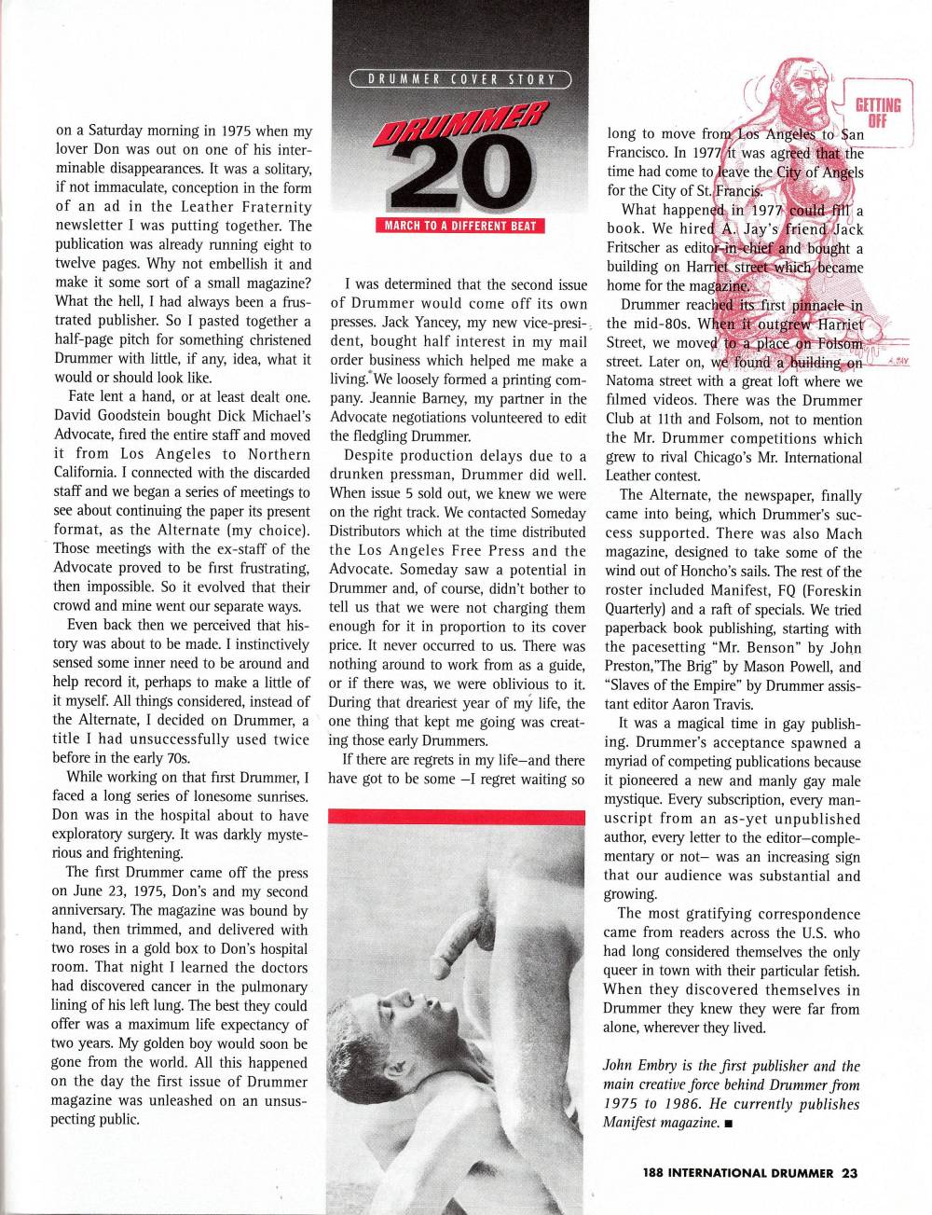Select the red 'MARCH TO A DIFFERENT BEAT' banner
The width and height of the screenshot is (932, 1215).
(460, 225)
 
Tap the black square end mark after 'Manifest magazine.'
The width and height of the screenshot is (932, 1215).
(726, 1125)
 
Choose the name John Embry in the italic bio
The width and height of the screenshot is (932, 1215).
(638, 1066)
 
